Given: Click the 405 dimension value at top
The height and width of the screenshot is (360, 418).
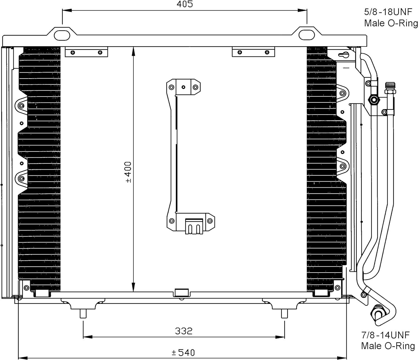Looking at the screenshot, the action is point(185,4).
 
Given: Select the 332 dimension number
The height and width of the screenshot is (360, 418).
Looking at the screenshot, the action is point(184,331).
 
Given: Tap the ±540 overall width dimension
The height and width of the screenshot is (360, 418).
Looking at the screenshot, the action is point(183,352).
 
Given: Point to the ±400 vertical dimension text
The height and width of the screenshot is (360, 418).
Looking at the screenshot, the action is point(129,172).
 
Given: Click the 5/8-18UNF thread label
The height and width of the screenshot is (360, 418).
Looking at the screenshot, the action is point(388,12).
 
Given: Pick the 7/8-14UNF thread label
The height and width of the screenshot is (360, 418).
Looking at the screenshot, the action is point(385,335).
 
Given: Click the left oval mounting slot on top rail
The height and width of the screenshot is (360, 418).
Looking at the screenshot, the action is point(62,36).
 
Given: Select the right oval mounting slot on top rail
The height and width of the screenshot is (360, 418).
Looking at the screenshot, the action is point(307,35).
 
